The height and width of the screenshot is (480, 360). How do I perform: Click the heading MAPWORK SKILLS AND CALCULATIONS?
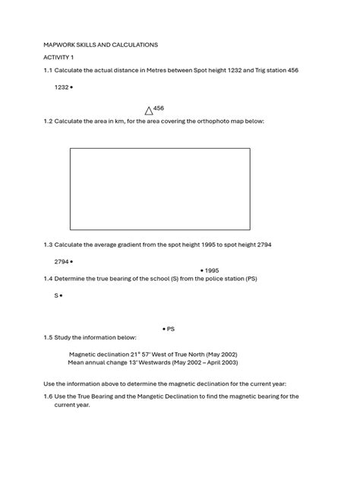pos(100,45)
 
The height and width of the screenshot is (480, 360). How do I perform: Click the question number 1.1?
pos(48,71)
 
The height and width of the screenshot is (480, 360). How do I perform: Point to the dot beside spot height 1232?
pos(71,88)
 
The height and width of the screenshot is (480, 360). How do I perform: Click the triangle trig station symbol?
pos(149,111)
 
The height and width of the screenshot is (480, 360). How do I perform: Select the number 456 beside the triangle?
pos(159,109)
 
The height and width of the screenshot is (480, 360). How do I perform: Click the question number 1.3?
pos(48,245)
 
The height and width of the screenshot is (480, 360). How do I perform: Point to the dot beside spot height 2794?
pos(71,262)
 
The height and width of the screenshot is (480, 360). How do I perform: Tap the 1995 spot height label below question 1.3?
pos(212,270)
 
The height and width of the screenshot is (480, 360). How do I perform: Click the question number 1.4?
pos(48,279)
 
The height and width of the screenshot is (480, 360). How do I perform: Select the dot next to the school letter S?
pos(61,295)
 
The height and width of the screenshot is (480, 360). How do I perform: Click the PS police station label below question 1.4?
pos(171,329)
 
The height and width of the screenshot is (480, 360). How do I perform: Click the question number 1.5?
pos(48,337)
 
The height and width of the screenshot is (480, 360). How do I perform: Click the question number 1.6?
pos(48,396)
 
